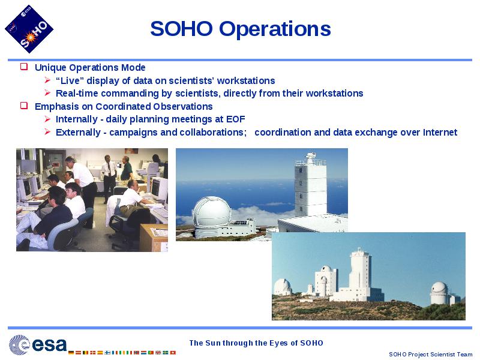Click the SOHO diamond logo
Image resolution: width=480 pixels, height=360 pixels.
pos(29,29)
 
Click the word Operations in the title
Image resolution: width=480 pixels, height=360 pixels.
pos(275,29)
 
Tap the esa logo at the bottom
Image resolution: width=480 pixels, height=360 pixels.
pos(37,345)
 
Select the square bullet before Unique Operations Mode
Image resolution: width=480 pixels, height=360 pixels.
pos(24,67)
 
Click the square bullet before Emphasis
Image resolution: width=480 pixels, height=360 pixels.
pos(24,106)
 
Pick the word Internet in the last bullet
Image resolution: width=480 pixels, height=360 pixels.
pos(440,132)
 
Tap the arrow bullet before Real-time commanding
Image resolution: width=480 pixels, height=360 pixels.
pos(47,93)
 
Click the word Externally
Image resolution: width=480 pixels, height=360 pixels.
pos(78,132)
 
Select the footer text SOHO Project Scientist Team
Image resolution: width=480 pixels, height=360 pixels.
pos(430,354)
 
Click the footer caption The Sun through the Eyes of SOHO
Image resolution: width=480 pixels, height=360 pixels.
pos(256,343)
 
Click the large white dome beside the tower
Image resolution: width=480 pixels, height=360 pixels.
pos(212,212)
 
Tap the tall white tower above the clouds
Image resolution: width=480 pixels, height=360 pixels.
pos(310,187)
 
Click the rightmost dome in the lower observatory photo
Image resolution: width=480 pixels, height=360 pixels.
pos(439,292)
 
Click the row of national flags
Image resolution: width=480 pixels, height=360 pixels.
pos(122,352)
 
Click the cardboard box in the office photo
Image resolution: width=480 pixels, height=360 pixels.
pos(154,238)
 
